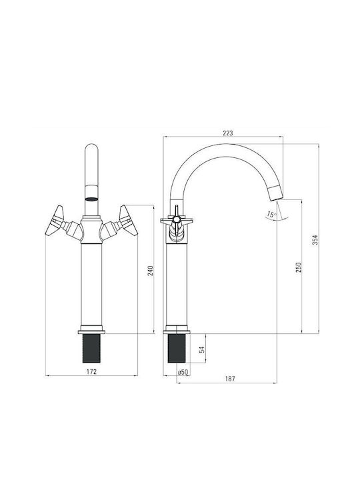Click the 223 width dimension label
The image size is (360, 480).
(x=228, y=133)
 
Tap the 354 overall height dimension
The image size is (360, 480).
(x=315, y=239)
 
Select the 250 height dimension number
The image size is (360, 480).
(x=299, y=267)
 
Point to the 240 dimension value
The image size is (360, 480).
(x=150, y=271)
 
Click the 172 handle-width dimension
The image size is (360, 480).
(x=91, y=371)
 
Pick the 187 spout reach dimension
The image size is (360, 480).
(x=230, y=379)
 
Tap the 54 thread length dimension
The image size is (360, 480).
(x=202, y=349)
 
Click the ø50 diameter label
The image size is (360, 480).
(x=183, y=372)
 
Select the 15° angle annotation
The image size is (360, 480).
(x=271, y=214)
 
